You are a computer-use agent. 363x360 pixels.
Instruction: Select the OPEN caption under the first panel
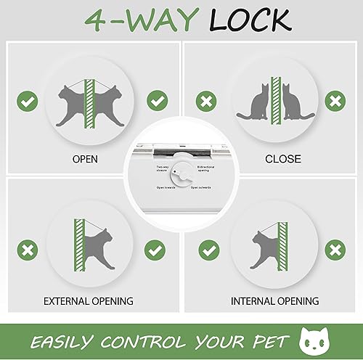point(90,159)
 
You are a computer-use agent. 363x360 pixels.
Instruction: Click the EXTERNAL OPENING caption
point(89,300)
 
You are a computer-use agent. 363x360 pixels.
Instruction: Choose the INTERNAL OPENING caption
point(274,300)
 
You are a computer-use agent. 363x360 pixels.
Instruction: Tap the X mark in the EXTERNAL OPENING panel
point(28,251)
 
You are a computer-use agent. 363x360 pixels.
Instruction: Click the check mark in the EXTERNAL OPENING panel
point(155,250)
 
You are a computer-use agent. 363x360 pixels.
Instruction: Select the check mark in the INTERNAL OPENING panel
point(210,250)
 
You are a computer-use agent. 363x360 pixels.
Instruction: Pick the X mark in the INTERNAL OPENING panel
point(335,250)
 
